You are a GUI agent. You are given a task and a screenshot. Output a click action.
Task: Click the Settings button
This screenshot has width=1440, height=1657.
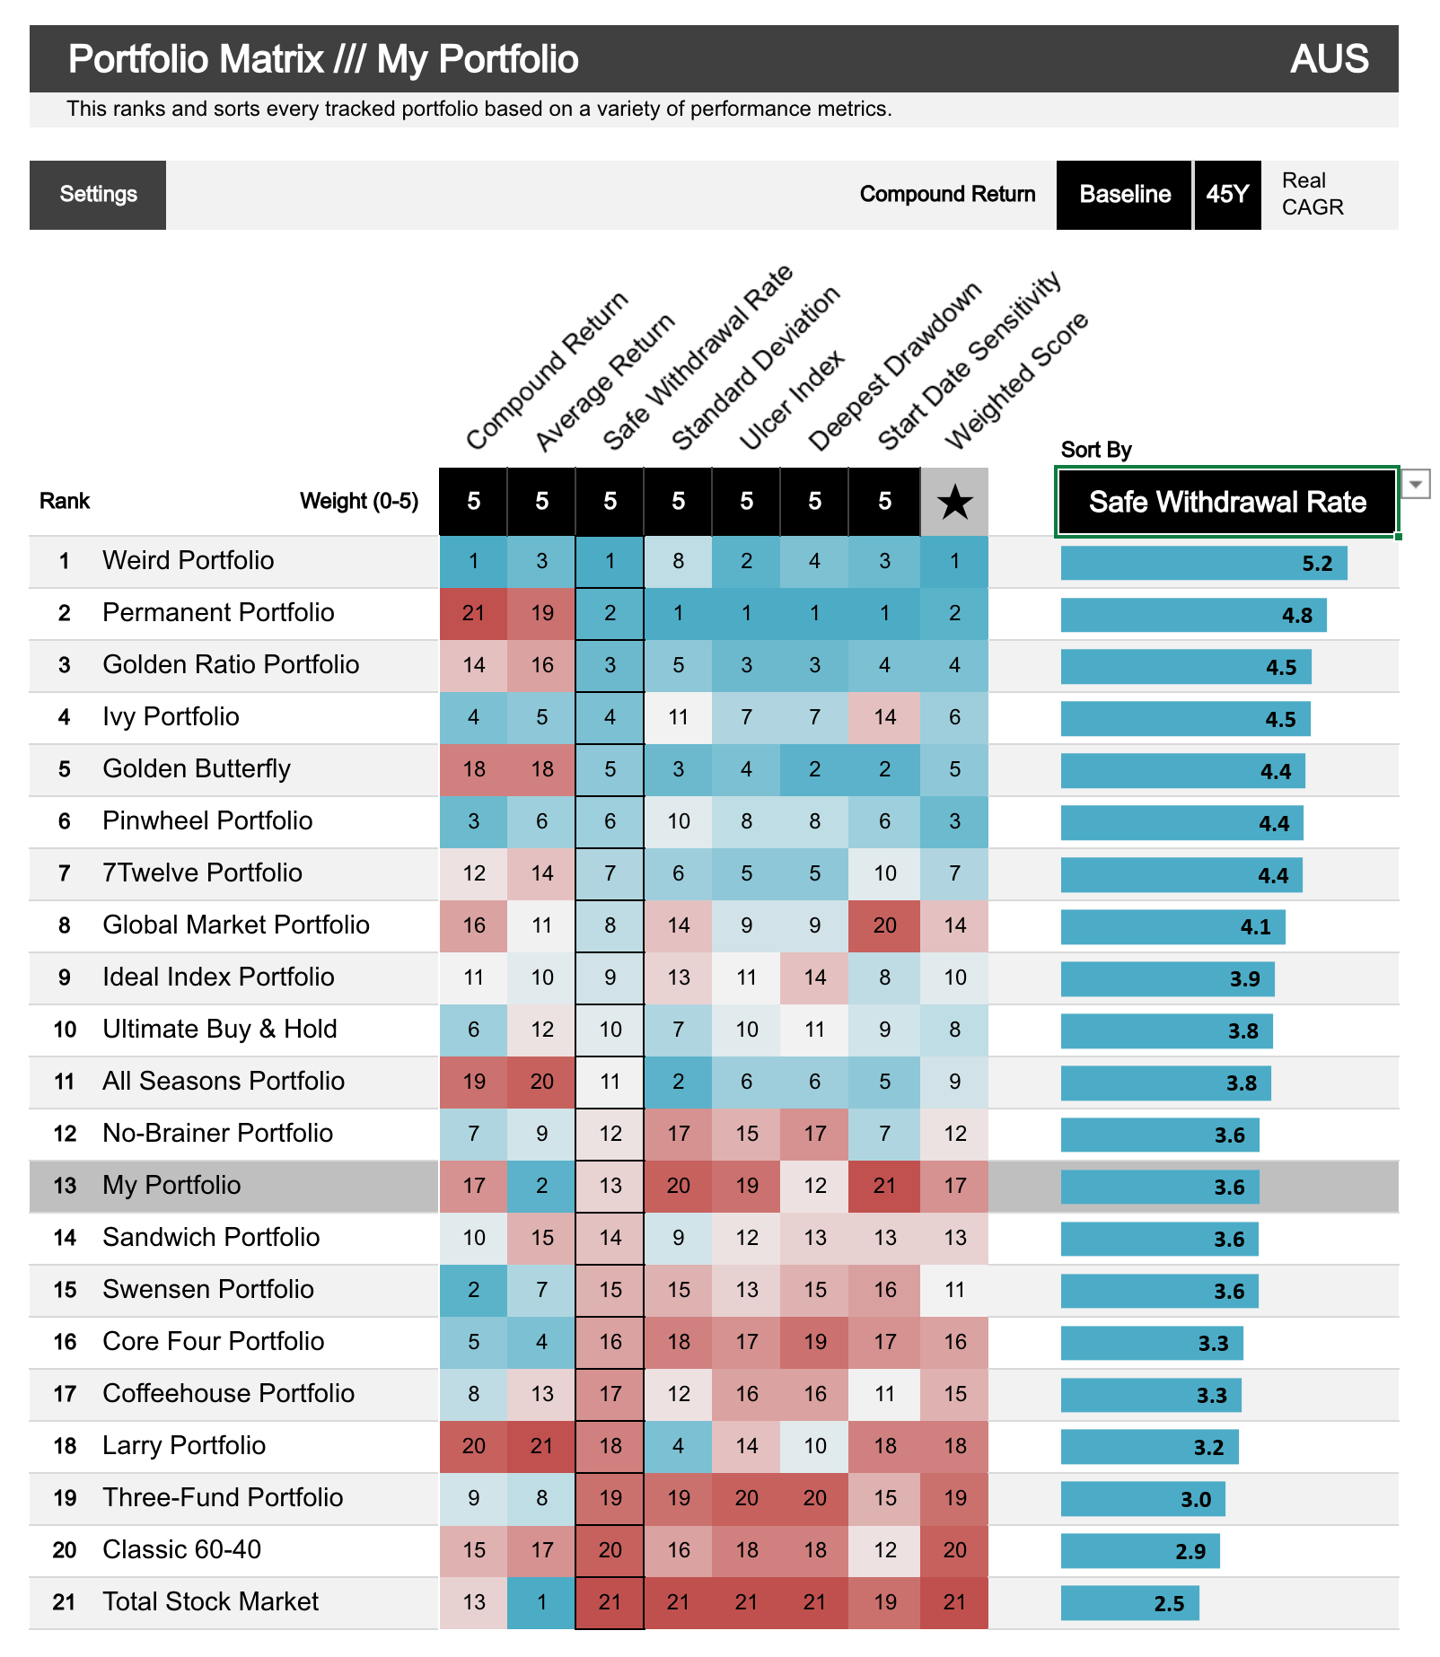[x=98, y=195]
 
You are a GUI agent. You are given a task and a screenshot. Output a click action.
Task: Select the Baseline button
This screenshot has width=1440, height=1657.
[x=1124, y=195]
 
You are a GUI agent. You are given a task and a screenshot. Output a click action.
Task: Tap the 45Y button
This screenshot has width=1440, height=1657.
[x=1227, y=195]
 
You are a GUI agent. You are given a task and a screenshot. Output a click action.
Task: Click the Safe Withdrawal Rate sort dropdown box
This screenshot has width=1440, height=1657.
[x=1226, y=502]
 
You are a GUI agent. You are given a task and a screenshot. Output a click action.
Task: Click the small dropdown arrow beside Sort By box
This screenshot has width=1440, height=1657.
[x=1416, y=484]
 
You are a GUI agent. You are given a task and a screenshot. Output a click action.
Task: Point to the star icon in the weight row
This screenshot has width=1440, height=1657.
[x=954, y=502]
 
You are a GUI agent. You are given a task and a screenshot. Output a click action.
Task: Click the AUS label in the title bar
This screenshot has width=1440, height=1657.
[x=1329, y=59]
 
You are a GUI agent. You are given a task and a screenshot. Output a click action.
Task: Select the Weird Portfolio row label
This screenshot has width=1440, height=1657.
[x=188, y=561]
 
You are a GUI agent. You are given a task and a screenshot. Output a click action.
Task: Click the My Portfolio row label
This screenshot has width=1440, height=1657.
[x=171, y=1186]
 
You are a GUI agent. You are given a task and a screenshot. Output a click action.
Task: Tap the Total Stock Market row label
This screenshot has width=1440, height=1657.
[x=210, y=1602]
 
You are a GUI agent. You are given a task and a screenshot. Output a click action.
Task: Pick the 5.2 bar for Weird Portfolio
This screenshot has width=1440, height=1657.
[x=1203, y=564]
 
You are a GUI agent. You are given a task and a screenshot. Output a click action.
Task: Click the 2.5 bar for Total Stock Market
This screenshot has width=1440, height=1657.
[x=1129, y=1604]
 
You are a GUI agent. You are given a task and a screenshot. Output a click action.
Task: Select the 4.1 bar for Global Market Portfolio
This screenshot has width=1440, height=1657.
[x=1172, y=927]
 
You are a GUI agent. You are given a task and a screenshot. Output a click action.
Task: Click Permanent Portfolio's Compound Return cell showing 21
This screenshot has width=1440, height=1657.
[x=473, y=613]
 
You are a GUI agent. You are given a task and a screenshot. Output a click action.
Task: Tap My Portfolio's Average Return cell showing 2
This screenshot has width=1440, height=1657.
[x=541, y=1186]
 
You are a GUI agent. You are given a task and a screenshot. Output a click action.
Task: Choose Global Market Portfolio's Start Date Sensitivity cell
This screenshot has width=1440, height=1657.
[x=884, y=925]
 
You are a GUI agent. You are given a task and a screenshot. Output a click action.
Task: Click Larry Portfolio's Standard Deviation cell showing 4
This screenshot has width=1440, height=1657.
[x=678, y=1446]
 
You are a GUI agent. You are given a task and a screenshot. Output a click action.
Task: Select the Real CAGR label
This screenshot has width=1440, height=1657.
[x=1312, y=194]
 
